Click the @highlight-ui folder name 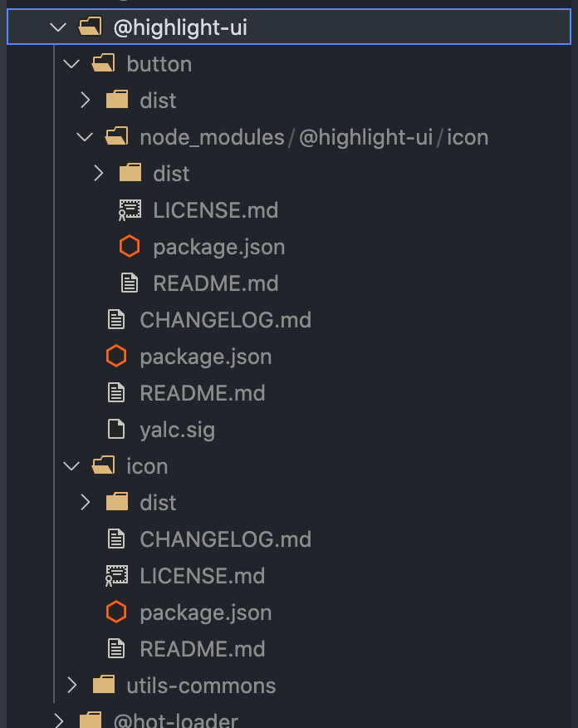179,27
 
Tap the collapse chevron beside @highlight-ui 57,27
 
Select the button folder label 159,64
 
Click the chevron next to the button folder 71,64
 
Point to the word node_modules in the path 212,137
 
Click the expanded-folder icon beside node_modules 116,137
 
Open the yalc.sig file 177,430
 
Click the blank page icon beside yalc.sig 116,430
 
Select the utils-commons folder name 201,686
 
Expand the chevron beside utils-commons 71,686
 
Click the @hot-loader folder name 175,720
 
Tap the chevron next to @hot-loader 58,720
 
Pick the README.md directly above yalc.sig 202,393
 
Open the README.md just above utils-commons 202,649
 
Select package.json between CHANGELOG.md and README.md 205,357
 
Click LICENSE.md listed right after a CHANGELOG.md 202,576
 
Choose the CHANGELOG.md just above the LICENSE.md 225,539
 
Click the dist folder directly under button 158,101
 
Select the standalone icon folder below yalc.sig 146,466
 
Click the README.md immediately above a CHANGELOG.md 215,283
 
